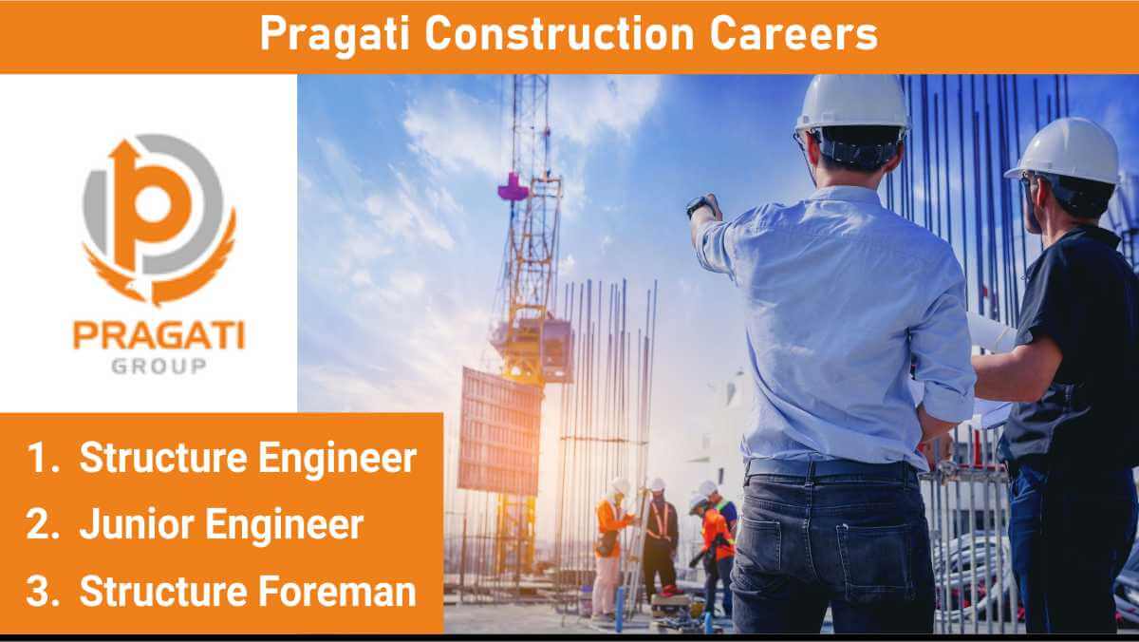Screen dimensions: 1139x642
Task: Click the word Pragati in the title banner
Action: [334, 34]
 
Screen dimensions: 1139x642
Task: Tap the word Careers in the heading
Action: [794, 33]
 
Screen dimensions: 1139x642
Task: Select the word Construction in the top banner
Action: [559, 33]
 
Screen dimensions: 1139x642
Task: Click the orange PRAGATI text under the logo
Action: [159, 335]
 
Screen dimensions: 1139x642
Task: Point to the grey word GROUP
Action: [159, 366]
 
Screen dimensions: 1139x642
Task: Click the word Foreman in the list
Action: [337, 591]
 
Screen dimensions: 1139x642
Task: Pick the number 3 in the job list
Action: [42, 591]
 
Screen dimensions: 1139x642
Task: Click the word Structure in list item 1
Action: [163, 458]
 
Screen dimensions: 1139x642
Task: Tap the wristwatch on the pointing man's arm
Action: [699, 205]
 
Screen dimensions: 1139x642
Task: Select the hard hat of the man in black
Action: [1064, 152]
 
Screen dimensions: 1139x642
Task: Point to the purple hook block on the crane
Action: [513, 187]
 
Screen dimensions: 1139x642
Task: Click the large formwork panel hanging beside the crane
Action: [500, 431]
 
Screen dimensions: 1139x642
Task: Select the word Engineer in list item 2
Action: [284, 526]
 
